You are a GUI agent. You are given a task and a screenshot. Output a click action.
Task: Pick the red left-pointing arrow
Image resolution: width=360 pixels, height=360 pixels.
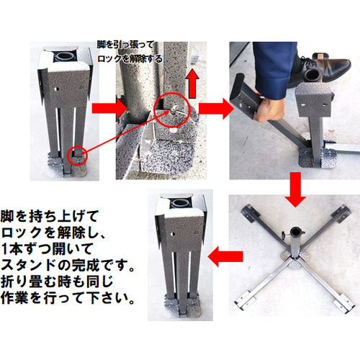[225, 256]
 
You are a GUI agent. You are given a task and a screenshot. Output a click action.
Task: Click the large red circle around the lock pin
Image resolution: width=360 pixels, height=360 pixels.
[172, 110]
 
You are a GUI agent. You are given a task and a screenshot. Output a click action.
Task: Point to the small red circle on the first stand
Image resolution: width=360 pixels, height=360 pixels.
[78, 156]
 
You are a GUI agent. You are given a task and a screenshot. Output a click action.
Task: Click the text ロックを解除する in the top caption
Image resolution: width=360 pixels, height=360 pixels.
[130, 59]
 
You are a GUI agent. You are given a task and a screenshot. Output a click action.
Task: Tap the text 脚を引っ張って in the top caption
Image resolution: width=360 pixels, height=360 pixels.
[125, 45]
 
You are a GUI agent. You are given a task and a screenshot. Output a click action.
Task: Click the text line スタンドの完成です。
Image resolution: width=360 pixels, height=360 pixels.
[68, 265]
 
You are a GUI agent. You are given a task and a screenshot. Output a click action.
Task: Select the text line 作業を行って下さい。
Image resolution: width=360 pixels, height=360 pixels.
[68, 298]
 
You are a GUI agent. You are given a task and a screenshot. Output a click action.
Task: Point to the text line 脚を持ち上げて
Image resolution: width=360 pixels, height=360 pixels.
[50, 216]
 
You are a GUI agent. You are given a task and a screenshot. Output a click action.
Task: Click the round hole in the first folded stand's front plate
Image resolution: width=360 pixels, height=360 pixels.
[57, 89]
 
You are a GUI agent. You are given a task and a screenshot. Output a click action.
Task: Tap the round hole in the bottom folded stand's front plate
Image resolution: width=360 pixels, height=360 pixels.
[173, 234]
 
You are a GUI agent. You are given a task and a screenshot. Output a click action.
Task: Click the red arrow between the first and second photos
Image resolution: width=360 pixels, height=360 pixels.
[109, 109]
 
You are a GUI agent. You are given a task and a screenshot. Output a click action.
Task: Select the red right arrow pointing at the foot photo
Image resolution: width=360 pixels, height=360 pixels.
[216, 109]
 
